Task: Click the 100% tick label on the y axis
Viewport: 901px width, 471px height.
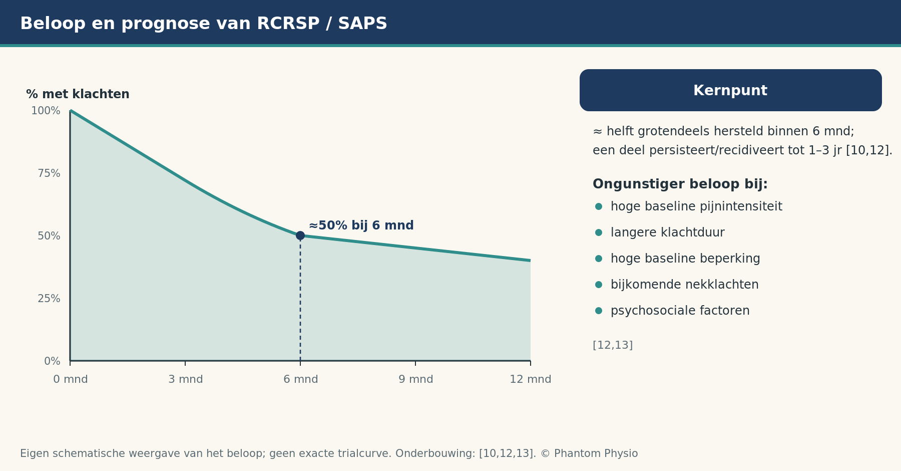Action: click(x=46, y=111)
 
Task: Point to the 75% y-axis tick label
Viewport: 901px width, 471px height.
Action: click(x=49, y=173)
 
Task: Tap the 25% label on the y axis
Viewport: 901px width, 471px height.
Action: click(x=49, y=299)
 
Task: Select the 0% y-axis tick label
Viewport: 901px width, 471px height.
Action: click(x=52, y=361)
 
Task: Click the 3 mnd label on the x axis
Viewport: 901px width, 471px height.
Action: click(x=186, y=379)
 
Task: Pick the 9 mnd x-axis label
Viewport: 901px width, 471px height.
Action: click(x=416, y=379)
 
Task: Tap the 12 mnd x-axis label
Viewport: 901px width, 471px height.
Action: click(x=531, y=379)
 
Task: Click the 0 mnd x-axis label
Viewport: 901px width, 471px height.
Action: click(x=71, y=379)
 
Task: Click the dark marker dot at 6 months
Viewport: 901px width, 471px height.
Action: click(x=300, y=235)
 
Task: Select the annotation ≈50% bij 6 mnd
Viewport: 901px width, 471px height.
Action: click(x=361, y=225)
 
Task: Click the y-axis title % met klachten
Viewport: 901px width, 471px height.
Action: click(x=78, y=94)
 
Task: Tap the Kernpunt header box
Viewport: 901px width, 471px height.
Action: click(x=731, y=90)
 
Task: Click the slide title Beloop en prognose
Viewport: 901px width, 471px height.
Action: click(x=204, y=24)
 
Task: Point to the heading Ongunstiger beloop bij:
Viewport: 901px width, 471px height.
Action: click(x=680, y=184)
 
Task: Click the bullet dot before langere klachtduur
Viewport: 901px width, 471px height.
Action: click(x=599, y=232)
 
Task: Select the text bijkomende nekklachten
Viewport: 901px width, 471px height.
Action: click(x=685, y=285)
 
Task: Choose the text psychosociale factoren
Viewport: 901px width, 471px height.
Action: click(x=680, y=311)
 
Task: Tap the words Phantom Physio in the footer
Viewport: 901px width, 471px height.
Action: click(x=596, y=453)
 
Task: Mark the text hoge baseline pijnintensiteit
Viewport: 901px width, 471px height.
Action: click(x=696, y=206)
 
